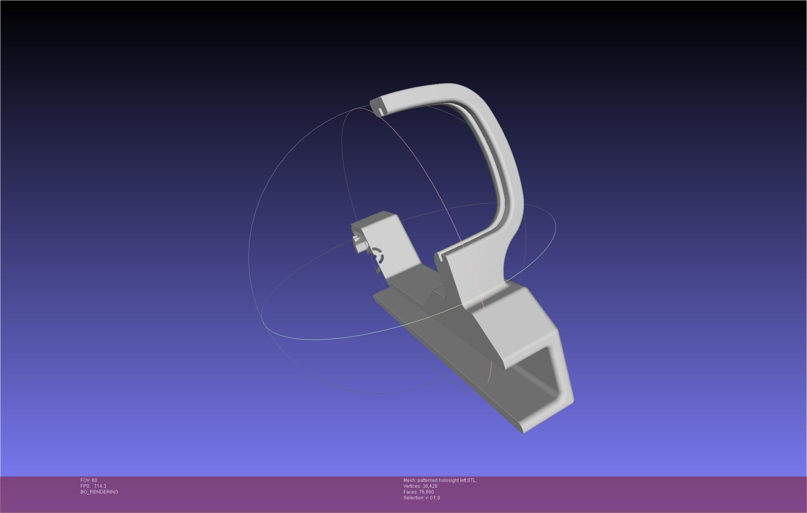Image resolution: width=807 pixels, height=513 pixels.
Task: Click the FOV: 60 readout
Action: click(x=89, y=480)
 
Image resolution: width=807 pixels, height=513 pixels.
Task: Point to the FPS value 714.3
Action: click(x=100, y=486)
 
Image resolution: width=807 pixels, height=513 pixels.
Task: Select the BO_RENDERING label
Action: click(x=99, y=492)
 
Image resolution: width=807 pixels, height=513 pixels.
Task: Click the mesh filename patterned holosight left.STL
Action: click(x=447, y=480)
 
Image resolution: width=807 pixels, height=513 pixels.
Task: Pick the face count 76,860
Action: click(x=426, y=492)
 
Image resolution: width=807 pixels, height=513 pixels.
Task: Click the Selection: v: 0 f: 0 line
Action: click(x=422, y=498)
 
